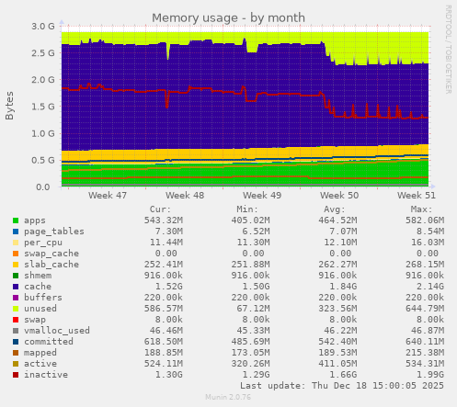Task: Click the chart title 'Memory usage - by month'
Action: pos(228,17)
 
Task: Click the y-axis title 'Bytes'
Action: pos(10,106)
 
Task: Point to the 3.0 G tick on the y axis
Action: pos(42,27)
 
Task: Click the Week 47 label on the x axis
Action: pos(109,196)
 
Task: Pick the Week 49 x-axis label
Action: pos(263,196)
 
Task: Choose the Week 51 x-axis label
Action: pos(417,196)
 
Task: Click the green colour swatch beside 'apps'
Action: pos(16,220)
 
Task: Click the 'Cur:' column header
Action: pos(161,209)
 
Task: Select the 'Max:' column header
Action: pos(421,209)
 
